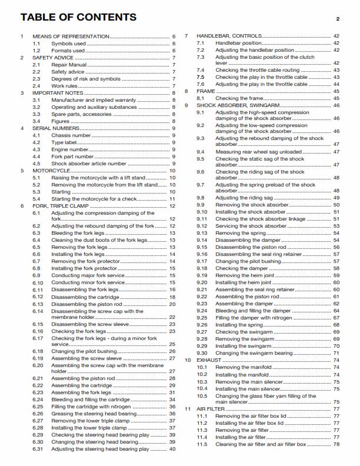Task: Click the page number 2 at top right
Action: [x=338, y=19]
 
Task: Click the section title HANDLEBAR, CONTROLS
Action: [x=230, y=36]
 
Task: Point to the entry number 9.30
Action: [x=202, y=353]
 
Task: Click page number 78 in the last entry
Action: [x=336, y=444]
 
